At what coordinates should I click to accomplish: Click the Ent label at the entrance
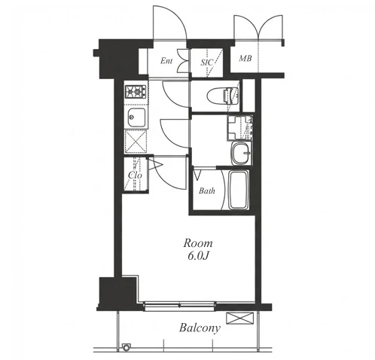click(166, 61)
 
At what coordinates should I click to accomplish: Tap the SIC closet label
click(206, 62)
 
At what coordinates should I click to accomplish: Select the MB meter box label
click(245, 59)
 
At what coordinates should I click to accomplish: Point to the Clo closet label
click(135, 175)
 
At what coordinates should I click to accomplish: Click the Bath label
click(207, 191)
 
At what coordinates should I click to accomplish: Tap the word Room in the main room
click(198, 243)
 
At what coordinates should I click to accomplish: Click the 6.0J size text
click(198, 256)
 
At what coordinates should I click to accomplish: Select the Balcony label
click(200, 328)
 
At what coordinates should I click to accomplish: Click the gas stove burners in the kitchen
click(136, 91)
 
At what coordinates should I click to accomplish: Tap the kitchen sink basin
click(136, 117)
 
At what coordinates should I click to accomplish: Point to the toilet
click(223, 96)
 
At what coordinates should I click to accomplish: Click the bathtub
click(239, 191)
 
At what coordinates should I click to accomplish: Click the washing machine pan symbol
click(239, 128)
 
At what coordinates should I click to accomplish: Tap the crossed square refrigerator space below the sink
click(136, 142)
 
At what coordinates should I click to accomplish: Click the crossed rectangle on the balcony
click(239, 318)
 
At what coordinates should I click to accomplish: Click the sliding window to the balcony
click(179, 306)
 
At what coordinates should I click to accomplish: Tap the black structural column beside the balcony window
click(118, 293)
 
